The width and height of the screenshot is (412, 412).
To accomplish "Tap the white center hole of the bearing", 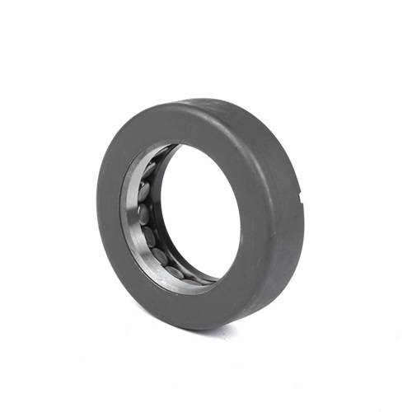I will pyautogui.click(x=202, y=214).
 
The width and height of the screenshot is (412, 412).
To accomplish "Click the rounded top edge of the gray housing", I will pyautogui.click(x=206, y=105).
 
